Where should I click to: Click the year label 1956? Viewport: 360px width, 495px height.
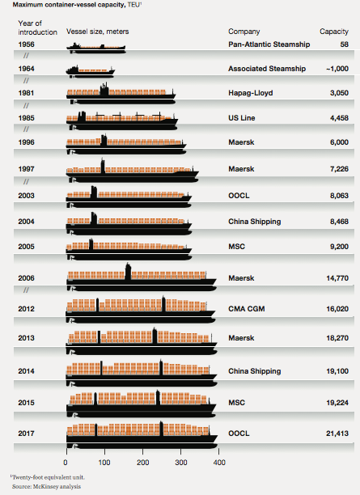[x=26, y=44]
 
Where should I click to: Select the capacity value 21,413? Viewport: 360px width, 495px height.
[x=337, y=434]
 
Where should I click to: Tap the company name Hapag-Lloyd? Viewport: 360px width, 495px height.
[x=251, y=93]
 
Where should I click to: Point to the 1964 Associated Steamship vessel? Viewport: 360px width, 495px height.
[x=91, y=71]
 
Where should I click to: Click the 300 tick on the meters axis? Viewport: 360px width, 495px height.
[x=181, y=463]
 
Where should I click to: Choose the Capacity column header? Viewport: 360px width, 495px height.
[x=334, y=32]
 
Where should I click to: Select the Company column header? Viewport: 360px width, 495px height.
[x=244, y=32]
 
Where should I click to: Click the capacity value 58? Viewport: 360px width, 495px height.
[x=344, y=44]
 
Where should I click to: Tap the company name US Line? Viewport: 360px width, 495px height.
[x=242, y=118]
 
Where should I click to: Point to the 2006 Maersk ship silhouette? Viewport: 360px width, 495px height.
[x=142, y=277]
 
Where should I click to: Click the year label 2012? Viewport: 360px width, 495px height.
[x=26, y=309]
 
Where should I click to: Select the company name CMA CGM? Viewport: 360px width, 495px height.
[x=246, y=309]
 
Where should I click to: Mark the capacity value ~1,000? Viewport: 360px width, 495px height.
[x=337, y=69]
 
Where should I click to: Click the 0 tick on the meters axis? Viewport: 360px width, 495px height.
[x=66, y=463]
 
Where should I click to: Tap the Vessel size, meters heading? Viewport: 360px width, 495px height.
[x=98, y=32]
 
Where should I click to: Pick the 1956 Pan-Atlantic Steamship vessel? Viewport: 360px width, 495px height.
[x=96, y=48]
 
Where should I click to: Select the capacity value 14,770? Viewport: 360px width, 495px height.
[x=337, y=278]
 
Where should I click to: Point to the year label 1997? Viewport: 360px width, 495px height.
[x=26, y=169]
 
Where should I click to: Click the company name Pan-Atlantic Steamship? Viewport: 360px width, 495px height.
[x=269, y=44]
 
